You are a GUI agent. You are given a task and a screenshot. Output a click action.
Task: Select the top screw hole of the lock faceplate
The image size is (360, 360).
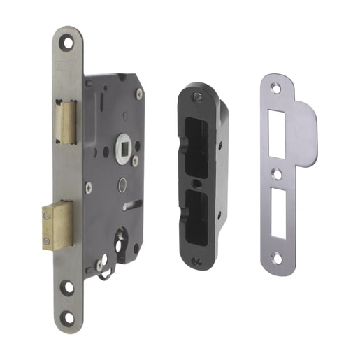(68, 43)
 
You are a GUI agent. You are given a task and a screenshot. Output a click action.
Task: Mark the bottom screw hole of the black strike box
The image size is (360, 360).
(197, 262)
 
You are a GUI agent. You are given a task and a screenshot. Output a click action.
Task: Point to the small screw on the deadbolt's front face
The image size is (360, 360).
(46, 240)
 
